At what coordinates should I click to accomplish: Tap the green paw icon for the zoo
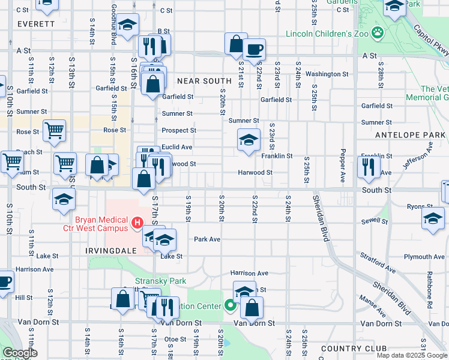point(378,31)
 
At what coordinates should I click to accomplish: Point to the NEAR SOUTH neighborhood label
point(204,80)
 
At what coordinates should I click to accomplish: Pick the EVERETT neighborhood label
point(36,25)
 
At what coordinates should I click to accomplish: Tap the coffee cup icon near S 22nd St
point(254,49)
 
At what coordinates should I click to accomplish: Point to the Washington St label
point(327,74)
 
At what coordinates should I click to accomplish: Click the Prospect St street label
point(179,130)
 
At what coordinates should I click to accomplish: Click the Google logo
point(20,353)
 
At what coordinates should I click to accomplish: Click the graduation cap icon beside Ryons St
point(433,218)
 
